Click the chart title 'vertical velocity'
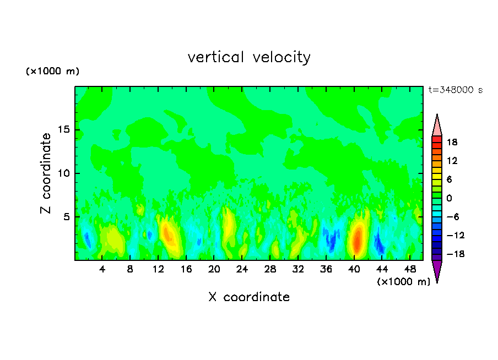249,57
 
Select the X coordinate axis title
249,297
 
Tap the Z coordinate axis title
46,173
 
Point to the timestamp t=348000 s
455,90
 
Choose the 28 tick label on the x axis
270,269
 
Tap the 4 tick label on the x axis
102,269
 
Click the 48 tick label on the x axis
410,269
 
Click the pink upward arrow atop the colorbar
437,125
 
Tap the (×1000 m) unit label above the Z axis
52,72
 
